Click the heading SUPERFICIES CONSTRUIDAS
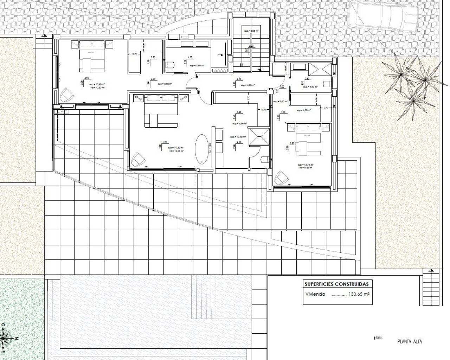(336, 284)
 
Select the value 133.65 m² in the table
(359, 295)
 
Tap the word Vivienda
(315, 295)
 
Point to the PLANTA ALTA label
(409, 341)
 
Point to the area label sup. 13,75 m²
(306, 165)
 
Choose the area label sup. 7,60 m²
(197, 65)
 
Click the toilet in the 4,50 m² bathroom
(326, 84)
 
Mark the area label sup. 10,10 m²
(237, 137)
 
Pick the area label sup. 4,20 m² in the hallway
(247, 85)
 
